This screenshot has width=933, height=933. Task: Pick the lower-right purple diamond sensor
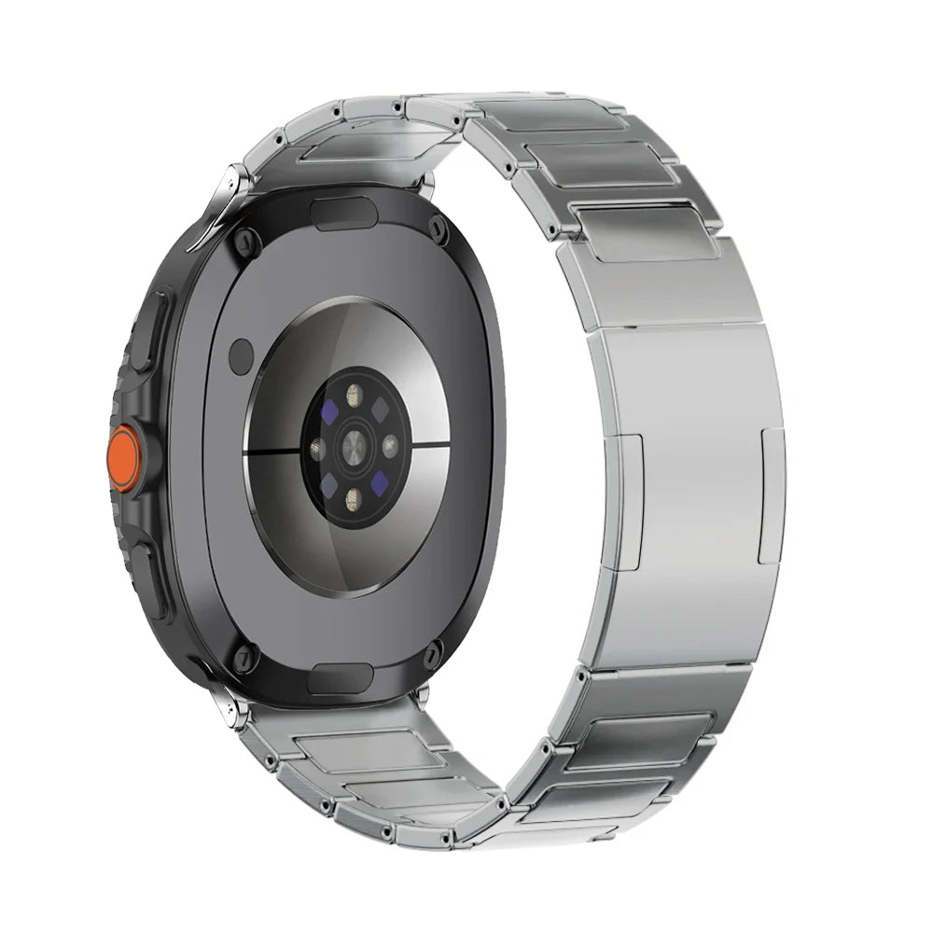[x=379, y=482]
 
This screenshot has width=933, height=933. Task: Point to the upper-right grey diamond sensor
[x=381, y=411]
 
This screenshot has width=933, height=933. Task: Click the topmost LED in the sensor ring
[x=354, y=396]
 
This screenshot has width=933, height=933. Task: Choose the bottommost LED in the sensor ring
[x=354, y=497]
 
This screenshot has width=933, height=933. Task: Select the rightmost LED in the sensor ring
[x=390, y=446]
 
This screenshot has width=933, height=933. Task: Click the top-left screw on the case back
[x=244, y=242]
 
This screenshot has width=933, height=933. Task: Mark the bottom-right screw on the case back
[x=431, y=656]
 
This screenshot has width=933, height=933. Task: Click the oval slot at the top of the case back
[x=343, y=213]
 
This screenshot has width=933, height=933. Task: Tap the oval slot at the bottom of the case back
[x=341, y=678]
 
